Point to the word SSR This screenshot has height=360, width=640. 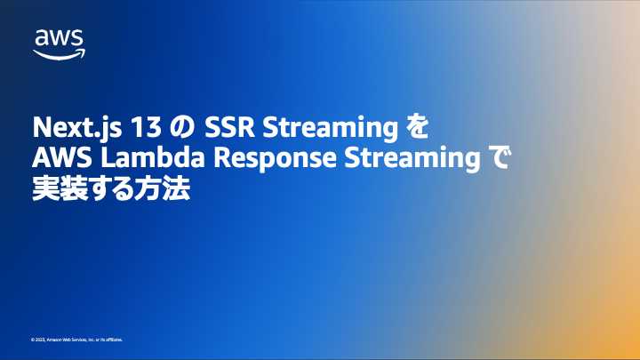coord(227,128)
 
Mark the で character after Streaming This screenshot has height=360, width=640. coord(503,159)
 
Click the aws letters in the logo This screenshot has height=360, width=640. coord(60,38)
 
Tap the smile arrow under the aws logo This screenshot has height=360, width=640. coord(60,52)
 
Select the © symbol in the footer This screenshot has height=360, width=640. coord(32,340)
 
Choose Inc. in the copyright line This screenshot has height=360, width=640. coord(92,340)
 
